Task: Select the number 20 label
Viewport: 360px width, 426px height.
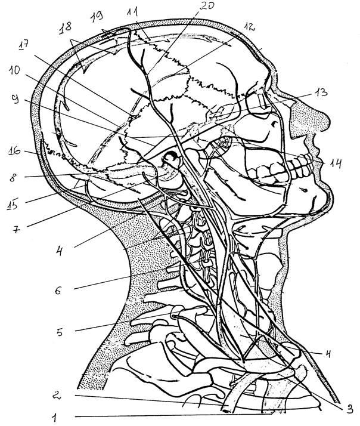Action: coord(206,7)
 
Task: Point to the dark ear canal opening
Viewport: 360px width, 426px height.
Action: coord(171,158)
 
